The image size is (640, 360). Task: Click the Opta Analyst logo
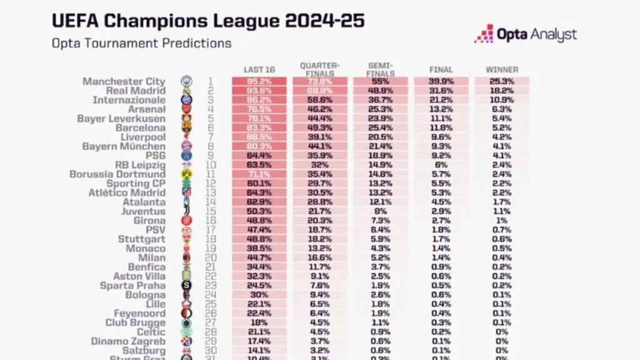click(x=525, y=34)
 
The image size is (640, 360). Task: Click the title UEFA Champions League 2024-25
click(x=208, y=21)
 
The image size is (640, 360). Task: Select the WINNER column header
click(x=502, y=70)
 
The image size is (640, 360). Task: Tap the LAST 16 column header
click(x=259, y=70)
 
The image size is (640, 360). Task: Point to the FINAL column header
click(x=441, y=70)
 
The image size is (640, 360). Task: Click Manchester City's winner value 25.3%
click(x=502, y=81)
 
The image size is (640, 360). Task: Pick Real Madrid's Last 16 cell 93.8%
click(x=259, y=91)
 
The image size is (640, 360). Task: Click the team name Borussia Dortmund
click(x=117, y=174)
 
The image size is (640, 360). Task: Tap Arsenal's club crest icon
click(x=186, y=109)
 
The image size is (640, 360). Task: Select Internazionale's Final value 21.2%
click(x=441, y=100)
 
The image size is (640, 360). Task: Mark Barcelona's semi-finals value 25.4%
click(x=381, y=127)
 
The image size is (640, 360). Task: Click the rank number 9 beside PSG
click(x=210, y=156)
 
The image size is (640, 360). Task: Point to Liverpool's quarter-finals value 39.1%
click(x=320, y=137)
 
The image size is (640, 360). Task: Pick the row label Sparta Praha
click(x=132, y=286)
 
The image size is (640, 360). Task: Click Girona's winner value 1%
click(x=502, y=221)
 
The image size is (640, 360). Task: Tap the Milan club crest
click(x=186, y=257)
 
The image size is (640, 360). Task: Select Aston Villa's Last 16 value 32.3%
click(x=259, y=276)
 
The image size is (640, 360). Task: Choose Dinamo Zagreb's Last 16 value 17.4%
click(x=259, y=341)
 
